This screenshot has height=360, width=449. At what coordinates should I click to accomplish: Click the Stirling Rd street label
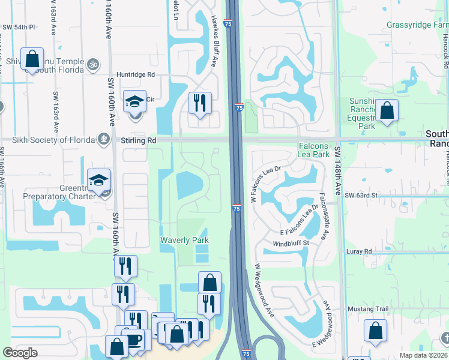click(x=140, y=139)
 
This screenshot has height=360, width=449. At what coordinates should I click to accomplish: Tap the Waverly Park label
click(x=184, y=240)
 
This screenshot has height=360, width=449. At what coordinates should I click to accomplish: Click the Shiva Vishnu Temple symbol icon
click(x=92, y=62)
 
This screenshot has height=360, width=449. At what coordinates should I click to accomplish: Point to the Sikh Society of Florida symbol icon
click(x=104, y=140)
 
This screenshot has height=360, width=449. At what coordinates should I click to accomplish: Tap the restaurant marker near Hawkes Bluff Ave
click(x=200, y=103)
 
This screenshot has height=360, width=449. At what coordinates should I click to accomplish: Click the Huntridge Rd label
click(x=136, y=74)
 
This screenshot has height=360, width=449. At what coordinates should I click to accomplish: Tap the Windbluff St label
click(x=291, y=243)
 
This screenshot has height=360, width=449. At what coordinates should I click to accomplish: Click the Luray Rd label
click(x=360, y=251)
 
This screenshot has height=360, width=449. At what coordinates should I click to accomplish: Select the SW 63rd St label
click(x=361, y=195)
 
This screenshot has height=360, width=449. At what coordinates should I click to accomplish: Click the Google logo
click(x=20, y=353)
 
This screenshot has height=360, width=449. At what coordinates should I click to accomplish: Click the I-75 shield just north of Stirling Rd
click(x=238, y=107)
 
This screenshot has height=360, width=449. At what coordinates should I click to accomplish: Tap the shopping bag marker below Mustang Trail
click(x=375, y=330)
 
